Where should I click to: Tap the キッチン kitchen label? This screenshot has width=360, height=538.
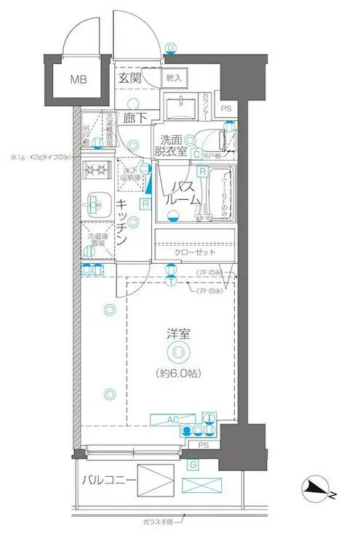pos(123,221)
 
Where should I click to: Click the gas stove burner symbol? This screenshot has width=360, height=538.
pos(96,172)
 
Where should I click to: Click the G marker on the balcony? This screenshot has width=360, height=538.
pos(193,464)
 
